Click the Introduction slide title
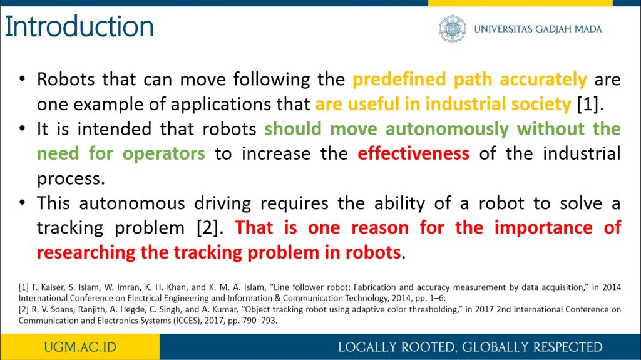tap(79, 26)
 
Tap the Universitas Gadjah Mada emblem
tap(452, 29)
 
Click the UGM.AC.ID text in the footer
tap(80, 347)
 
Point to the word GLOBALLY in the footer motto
tap(495, 347)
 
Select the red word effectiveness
tap(413, 153)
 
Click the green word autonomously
tap(447, 129)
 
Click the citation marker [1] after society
tap(587, 105)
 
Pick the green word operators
tap(163, 154)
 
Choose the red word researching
tap(86, 252)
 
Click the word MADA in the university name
tap(588, 29)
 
